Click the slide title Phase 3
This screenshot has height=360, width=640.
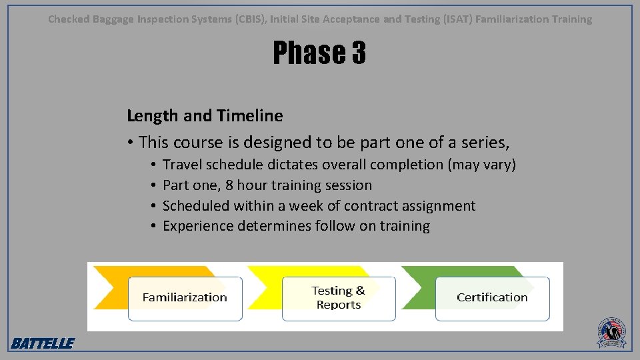pyautogui.click(x=319, y=53)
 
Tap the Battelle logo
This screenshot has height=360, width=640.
pyautogui.click(x=43, y=343)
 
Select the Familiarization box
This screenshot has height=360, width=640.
pyautogui.click(x=185, y=298)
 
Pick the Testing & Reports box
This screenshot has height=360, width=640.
pyautogui.click(x=339, y=298)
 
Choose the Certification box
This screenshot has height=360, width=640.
pyautogui.click(x=492, y=297)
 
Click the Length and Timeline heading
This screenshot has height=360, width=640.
pyautogui.click(x=205, y=116)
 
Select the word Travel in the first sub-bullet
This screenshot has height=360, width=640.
pyautogui.click(x=182, y=165)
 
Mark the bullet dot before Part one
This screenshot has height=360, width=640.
pyautogui.click(x=153, y=185)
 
